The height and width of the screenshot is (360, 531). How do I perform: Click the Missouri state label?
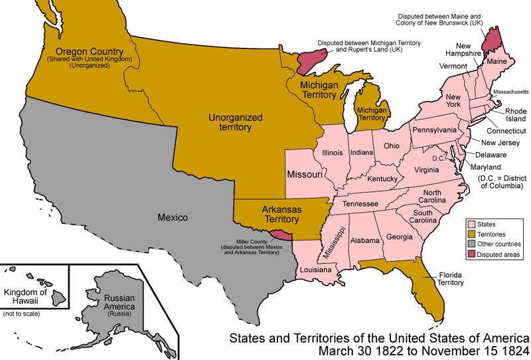click(x=305, y=175)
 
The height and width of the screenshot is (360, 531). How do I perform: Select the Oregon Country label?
click(x=88, y=52)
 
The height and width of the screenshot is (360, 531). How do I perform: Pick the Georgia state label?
click(x=399, y=236)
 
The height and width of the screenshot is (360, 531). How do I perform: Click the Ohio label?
click(x=392, y=145)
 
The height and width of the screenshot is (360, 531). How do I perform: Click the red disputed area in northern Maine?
click(x=492, y=40)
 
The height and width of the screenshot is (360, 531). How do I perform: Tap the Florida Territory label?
click(x=451, y=278)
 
